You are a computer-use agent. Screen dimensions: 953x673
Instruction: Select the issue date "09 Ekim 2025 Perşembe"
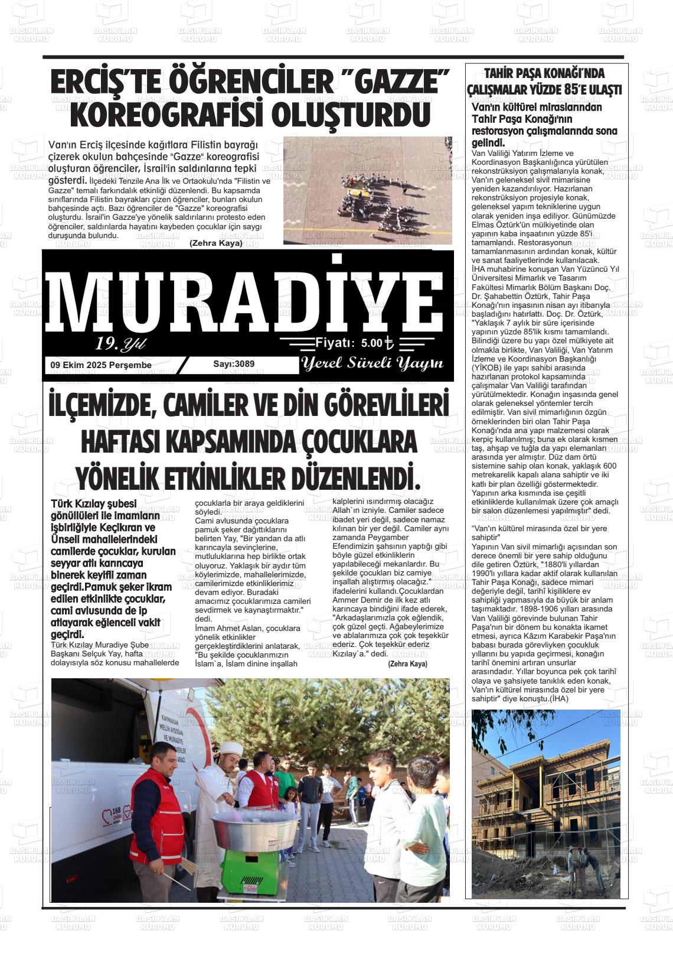101,365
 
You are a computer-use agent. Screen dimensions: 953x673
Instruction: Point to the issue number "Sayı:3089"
234,364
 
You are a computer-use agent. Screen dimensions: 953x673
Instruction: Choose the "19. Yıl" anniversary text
120,344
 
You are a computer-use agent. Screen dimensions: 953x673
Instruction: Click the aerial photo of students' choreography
367,190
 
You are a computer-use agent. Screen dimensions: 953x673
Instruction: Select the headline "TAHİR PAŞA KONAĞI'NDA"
544,74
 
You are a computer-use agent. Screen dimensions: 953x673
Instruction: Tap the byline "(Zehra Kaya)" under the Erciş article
215,243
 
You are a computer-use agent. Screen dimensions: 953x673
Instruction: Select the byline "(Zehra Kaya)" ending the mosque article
407,664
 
